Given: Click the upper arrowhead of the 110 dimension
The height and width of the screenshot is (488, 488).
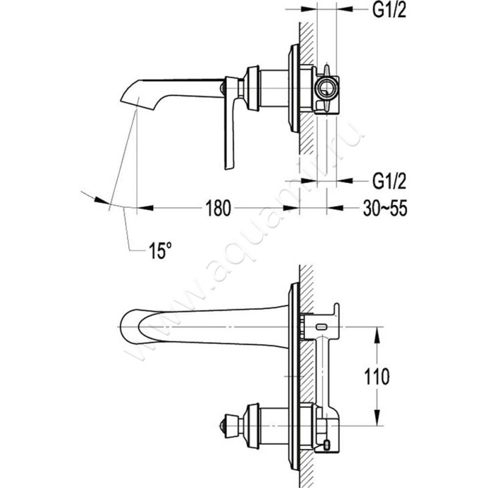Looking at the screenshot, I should [x=380, y=331].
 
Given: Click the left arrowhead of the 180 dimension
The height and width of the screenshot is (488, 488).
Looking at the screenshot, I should [x=141, y=209].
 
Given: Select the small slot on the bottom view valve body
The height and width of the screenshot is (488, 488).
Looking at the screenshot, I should [x=321, y=328].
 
